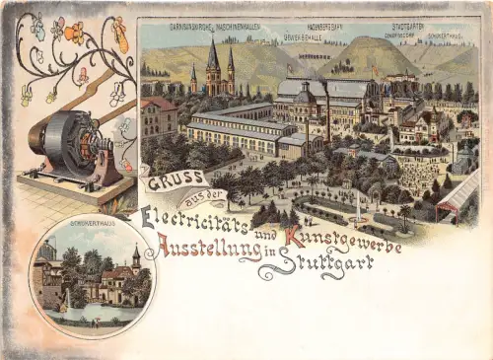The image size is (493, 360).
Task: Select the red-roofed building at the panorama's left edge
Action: click(158, 115)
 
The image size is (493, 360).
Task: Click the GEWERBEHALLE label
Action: click(304, 37)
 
